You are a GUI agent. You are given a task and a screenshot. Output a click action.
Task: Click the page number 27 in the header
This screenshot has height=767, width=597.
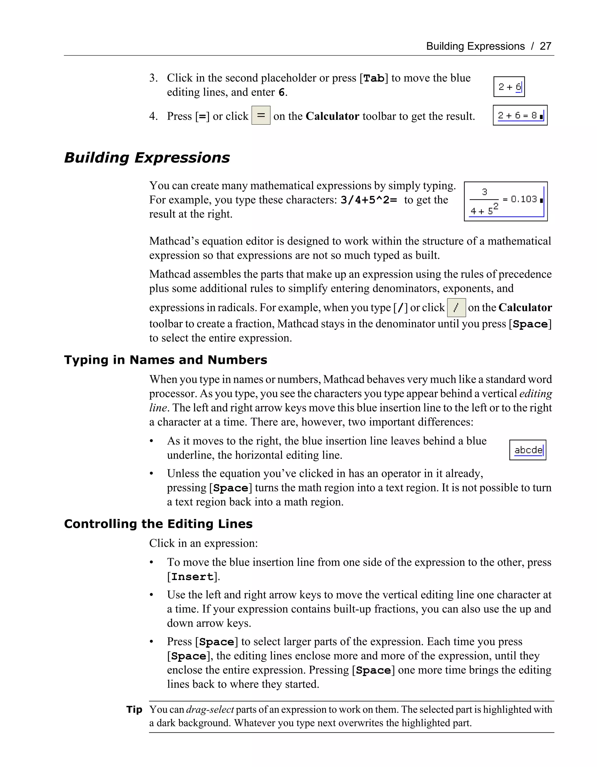[x=545, y=46]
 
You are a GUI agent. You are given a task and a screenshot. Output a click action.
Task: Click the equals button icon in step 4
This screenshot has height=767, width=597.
[x=261, y=115]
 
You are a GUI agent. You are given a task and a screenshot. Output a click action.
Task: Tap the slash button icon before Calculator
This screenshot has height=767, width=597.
[x=456, y=308]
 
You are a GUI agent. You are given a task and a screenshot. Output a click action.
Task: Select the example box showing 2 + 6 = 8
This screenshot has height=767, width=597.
[x=520, y=115]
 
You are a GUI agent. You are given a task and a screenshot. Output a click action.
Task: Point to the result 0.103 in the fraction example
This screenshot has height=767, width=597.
[x=524, y=200]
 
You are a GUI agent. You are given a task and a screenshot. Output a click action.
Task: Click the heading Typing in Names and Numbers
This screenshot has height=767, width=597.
[x=166, y=360]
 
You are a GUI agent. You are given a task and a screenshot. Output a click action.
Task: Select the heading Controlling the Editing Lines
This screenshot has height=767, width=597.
[x=158, y=524]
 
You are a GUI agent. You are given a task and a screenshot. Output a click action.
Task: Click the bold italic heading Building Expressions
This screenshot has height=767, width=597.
[x=147, y=158]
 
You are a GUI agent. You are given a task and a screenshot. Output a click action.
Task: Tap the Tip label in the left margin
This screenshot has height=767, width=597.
[x=134, y=710]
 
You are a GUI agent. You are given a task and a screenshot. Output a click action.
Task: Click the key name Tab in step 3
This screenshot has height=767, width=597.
[x=373, y=78]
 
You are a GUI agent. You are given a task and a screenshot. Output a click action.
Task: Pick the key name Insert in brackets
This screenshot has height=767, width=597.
[x=192, y=577]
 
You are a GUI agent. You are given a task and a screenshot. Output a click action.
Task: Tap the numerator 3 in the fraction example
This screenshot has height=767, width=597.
[x=484, y=192]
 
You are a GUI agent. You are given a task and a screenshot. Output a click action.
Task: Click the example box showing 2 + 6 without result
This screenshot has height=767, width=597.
[x=509, y=87]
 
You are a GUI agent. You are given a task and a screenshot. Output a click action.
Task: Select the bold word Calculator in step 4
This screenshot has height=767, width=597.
[x=332, y=116]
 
